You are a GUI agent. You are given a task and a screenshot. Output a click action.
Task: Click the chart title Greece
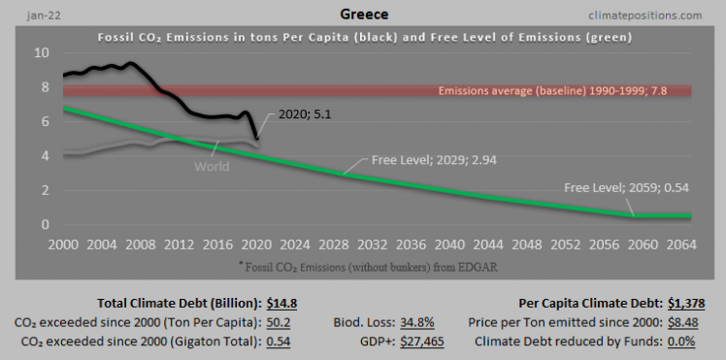click(x=363, y=16)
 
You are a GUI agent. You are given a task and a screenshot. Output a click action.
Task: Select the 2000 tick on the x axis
click(x=63, y=244)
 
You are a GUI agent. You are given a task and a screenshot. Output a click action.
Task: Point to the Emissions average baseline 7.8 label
click(x=563, y=91)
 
